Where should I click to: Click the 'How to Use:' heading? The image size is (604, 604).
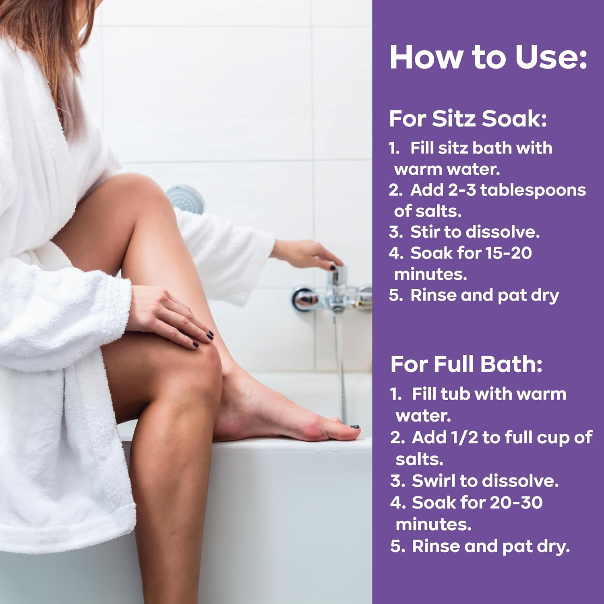(x=488, y=57)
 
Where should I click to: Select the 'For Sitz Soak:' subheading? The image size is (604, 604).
(x=468, y=119)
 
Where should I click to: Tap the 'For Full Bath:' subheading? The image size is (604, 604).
(x=466, y=364)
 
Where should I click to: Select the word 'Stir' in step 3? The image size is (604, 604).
(x=425, y=232)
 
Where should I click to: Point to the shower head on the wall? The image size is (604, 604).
(x=186, y=198)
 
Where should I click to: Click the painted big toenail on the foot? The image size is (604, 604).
(x=355, y=426)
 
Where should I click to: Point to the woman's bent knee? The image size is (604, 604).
(x=201, y=362)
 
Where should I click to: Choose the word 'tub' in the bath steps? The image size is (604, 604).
(x=455, y=394)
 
